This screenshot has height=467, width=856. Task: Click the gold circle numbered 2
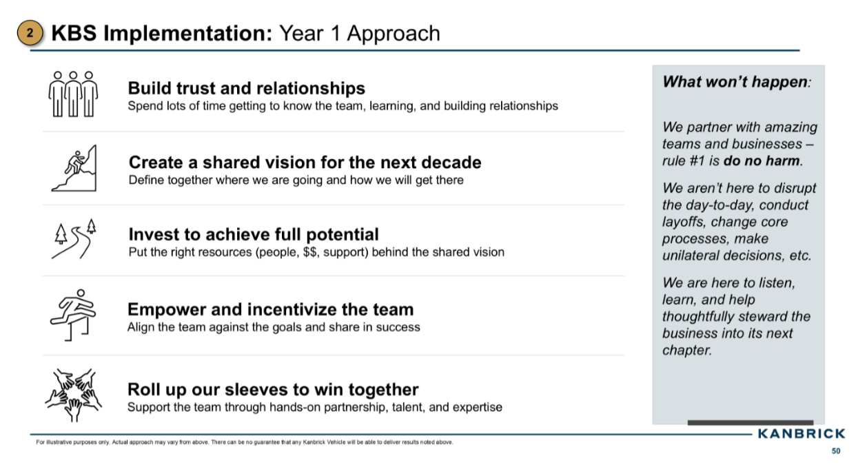30,33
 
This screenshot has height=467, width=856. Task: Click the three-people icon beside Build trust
73,94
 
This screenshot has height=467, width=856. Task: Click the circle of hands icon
73,395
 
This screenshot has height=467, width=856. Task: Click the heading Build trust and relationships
246,88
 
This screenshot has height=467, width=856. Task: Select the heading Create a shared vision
305,163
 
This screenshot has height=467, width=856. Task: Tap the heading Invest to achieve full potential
253,234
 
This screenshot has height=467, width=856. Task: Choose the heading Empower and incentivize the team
270,309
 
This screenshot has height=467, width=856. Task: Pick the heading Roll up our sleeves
273,389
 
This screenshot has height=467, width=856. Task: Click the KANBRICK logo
801,433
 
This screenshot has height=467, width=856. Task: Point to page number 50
836,452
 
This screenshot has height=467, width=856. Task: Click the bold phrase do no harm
762,161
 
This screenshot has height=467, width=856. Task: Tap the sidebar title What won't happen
735,81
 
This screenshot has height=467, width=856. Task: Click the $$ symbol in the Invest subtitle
310,252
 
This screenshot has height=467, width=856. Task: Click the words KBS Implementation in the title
162,33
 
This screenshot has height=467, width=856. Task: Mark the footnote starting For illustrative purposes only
245,442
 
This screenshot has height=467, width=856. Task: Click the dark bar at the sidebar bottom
750,422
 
